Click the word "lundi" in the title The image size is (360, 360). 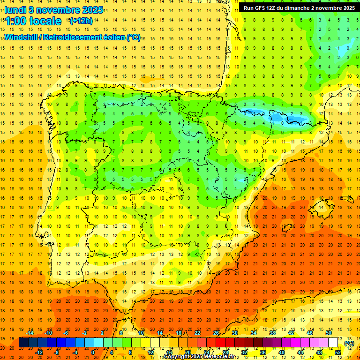click(x=15, y=10)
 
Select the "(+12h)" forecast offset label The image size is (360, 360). click(x=81, y=21)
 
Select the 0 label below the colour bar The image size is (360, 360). click(x=93, y=352)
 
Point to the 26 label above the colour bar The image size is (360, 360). click(x=216, y=333)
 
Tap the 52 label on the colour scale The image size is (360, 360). click(x=338, y=352)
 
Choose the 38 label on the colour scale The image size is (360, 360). click(x=272, y=333)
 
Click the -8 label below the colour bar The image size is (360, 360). click(x=57, y=352)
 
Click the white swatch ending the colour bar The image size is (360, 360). click(x=333, y=343)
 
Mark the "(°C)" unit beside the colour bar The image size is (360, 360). click(x=349, y=343)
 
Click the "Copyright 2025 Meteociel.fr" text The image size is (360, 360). click(x=199, y=357)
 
